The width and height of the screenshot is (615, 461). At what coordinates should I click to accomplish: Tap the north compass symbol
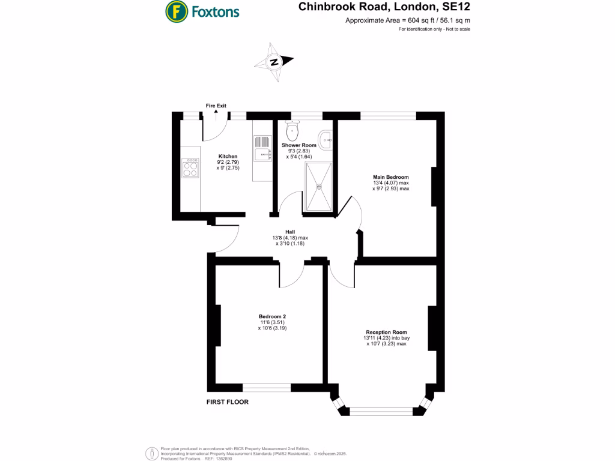pos(274,62)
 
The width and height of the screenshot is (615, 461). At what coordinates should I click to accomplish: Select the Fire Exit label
pos(216,106)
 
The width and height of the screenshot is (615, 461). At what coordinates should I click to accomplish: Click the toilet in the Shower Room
pos(293,129)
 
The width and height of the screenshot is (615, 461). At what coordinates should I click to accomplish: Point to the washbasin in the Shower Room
pos(326,140)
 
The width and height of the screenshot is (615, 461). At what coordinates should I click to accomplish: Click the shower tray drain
pos(319,186)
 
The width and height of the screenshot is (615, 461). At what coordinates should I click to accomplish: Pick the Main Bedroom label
pos(390,177)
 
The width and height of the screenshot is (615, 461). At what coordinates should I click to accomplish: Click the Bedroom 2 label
pos(273,316)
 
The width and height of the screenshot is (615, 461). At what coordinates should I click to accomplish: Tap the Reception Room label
pos(387,332)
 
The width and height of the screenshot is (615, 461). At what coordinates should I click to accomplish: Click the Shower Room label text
pos(299,145)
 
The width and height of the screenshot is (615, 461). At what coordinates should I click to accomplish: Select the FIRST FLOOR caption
pos(228,402)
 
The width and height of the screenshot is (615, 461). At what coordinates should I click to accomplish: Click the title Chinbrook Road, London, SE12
pos(384,8)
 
